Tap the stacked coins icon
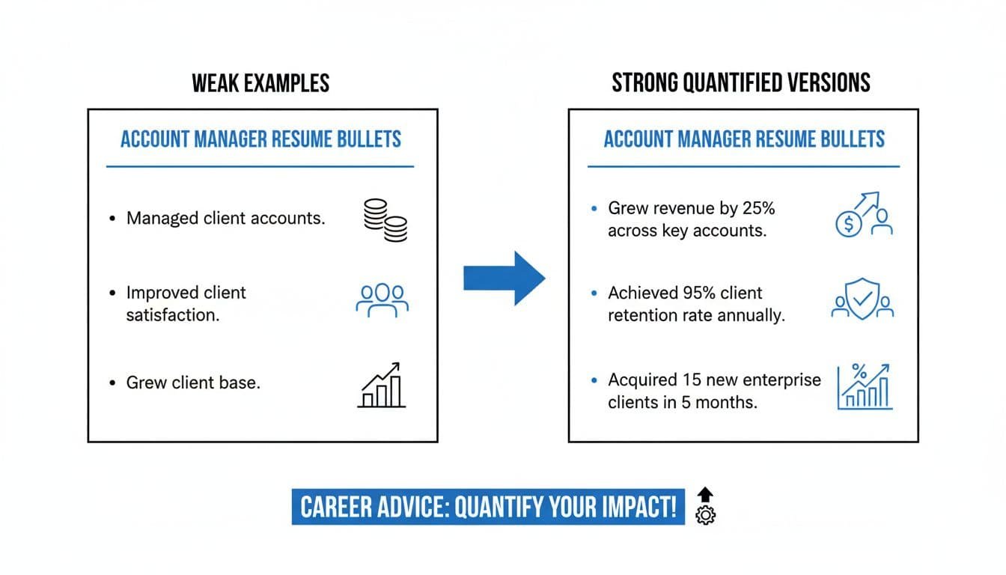(x=385, y=219)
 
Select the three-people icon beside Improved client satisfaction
(x=382, y=299)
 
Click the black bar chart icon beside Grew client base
(x=382, y=385)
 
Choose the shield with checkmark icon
(x=863, y=299)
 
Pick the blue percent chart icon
(x=865, y=386)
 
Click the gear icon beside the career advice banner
(x=705, y=515)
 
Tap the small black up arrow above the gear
(x=705, y=495)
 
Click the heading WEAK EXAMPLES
(x=260, y=82)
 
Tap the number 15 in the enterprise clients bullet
(x=692, y=380)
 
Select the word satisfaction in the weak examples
(x=173, y=315)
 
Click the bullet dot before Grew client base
(x=112, y=383)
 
